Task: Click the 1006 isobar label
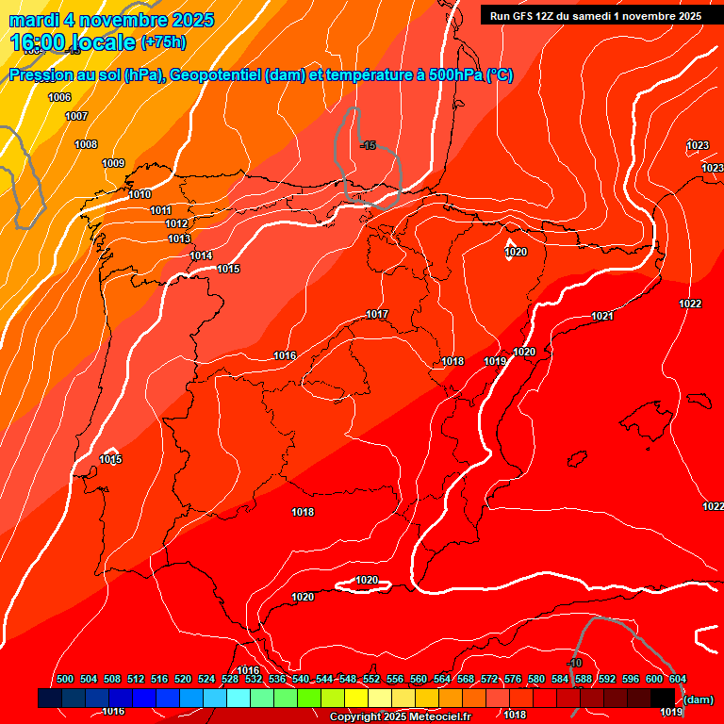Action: pyautogui.click(x=59, y=97)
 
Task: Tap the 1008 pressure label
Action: pyautogui.click(x=86, y=144)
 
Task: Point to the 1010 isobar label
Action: pyautogui.click(x=140, y=194)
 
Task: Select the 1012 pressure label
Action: pyautogui.click(x=176, y=223)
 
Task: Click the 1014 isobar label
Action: pyautogui.click(x=201, y=255)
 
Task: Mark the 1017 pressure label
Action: pyautogui.click(x=378, y=314)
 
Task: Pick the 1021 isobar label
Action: pyautogui.click(x=602, y=316)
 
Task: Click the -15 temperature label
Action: pyautogui.click(x=368, y=145)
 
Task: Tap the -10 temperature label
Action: pyautogui.click(x=575, y=664)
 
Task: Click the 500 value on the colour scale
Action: pyautogui.click(x=65, y=679)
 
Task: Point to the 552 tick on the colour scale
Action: pyautogui.click(x=371, y=679)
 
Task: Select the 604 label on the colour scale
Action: pyautogui.click(x=678, y=679)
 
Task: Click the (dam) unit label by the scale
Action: pyautogui.click(x=698, y=699)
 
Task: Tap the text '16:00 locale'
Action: pyautogui.click(x=73, y=41)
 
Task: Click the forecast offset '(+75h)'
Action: pyautogui.click(x=163, y=42)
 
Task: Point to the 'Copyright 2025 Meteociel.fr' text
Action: pyautogui.click(x=399, y=717)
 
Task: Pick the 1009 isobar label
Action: pyautogui.click(x=113, y=163)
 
